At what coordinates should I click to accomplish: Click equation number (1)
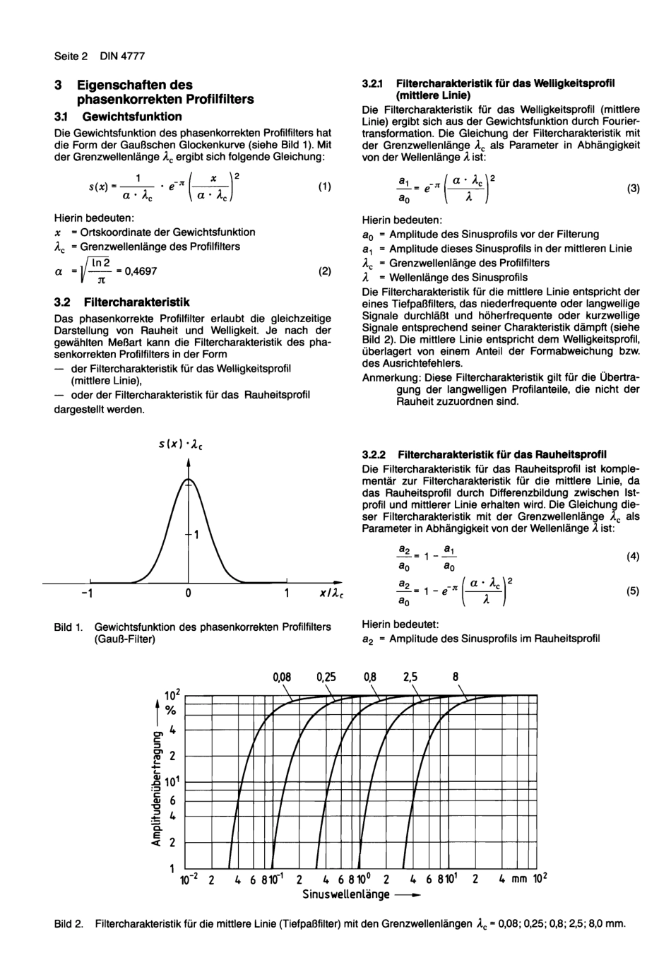[324, 187]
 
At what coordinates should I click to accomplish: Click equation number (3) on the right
[633, 189]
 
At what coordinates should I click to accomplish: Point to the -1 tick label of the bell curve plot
[86, 594]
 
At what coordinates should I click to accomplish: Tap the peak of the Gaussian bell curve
[189, 480]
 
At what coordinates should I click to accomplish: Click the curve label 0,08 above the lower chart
[282, 677]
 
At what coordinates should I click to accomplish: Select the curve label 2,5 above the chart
[410, 677]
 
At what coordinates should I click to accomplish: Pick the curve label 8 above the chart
[456, 677]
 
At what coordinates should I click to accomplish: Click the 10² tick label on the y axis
[173, 696]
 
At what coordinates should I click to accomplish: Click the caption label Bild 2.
[69, 924]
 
